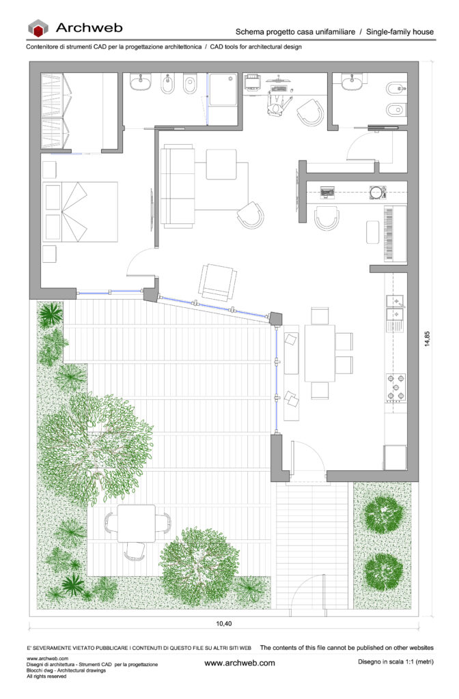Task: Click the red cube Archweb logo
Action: click(x=38, y=28)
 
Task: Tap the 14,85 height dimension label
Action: click(x=428, y=339)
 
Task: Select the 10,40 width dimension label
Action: click(x=224, y=624)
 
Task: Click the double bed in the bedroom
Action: click(x=81, y=212)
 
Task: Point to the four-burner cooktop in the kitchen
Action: click(x=395, y=387)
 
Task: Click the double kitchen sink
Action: click(x=395, y=308)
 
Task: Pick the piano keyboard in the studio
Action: click(x=395, y=233)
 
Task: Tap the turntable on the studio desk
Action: click(x=377, y=192)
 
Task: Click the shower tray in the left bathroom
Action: click(x=223, y=89)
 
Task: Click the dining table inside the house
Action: click(x=320, y=353)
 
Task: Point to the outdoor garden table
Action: click(x=137, y=523)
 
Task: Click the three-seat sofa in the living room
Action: click(x=178, y=186)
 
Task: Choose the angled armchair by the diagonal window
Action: click(x=218, y=282)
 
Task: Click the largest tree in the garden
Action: click(x=95, y=448)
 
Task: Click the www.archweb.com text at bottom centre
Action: click(x=240, y=663)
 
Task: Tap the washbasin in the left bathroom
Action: click(x=141, y=82)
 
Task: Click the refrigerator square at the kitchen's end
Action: click(x=395, y=457)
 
